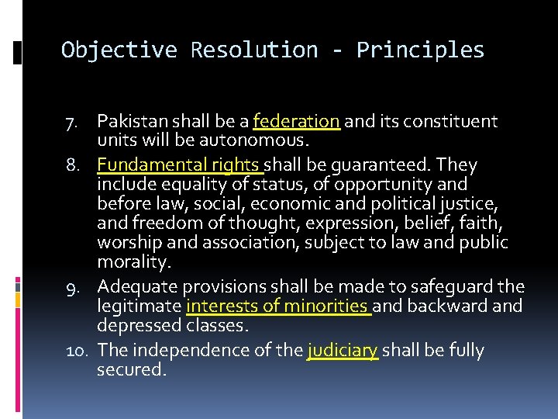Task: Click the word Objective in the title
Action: click(x=119, y=50)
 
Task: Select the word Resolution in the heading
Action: click(x=254, y=50)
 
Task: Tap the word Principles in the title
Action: click(x=420, y=50)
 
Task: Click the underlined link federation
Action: click(x=296, y=122)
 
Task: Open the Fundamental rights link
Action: click(x=179, y=165)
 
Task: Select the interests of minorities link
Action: click(x=278, y=306)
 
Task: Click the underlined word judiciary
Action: click(x=343, y=351)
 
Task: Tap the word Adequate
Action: click(x=134, y=287)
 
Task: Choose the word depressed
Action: click(x=139, y=325)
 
